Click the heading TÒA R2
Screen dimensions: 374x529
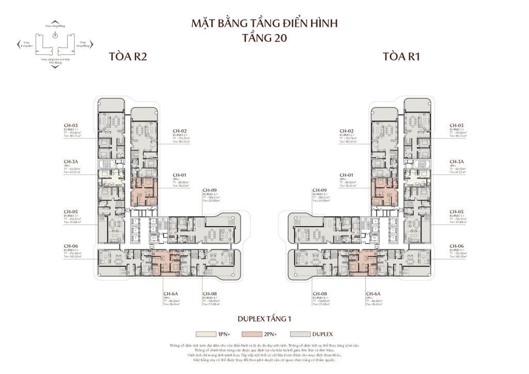(x=128, y=57)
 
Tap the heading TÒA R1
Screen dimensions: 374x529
(x=401, y=57)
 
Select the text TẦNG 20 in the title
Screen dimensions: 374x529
(x=264, y=38)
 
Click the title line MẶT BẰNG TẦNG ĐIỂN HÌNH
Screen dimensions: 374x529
(x=264, y=24)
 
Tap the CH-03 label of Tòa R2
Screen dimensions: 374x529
(x=71, y=126)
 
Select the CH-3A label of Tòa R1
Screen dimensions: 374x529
(x=457, y=162)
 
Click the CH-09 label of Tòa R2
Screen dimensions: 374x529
(x=210, y=190)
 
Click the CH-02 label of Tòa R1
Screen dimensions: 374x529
(x=346, y=131)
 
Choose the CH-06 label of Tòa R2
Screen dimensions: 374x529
(x=71, y=246)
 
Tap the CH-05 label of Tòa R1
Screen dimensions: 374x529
(x=457, y=212)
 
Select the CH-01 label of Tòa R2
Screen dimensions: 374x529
(x=179, y=175)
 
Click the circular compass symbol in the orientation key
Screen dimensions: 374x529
(x=55, y=36)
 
